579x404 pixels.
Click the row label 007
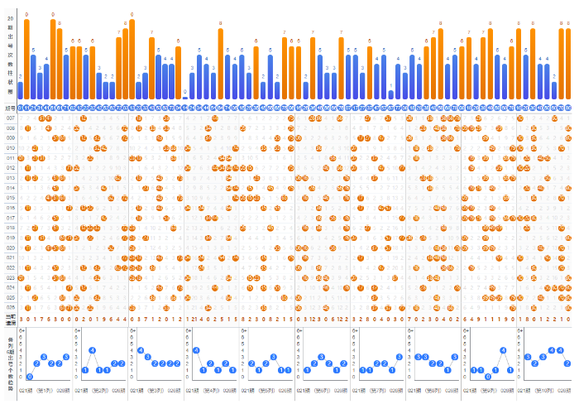[11, 118]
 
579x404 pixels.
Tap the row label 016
[11, 208]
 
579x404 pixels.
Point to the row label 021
[11, 257]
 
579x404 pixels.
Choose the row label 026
[11, 307]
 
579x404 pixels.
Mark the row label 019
[11, 238]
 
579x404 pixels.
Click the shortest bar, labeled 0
[185, 98]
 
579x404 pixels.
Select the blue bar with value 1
[390, 94]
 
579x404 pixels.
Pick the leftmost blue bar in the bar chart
[20, 89]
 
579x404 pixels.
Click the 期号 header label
[10, 108]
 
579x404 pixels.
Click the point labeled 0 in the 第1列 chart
[30, 377]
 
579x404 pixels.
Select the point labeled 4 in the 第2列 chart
[92, 350]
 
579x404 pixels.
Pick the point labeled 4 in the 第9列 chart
[503, 350]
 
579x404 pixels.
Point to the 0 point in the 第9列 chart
[489, 377]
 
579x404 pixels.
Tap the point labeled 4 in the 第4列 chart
[196, 350]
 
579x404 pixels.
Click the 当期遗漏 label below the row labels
[10, 319]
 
